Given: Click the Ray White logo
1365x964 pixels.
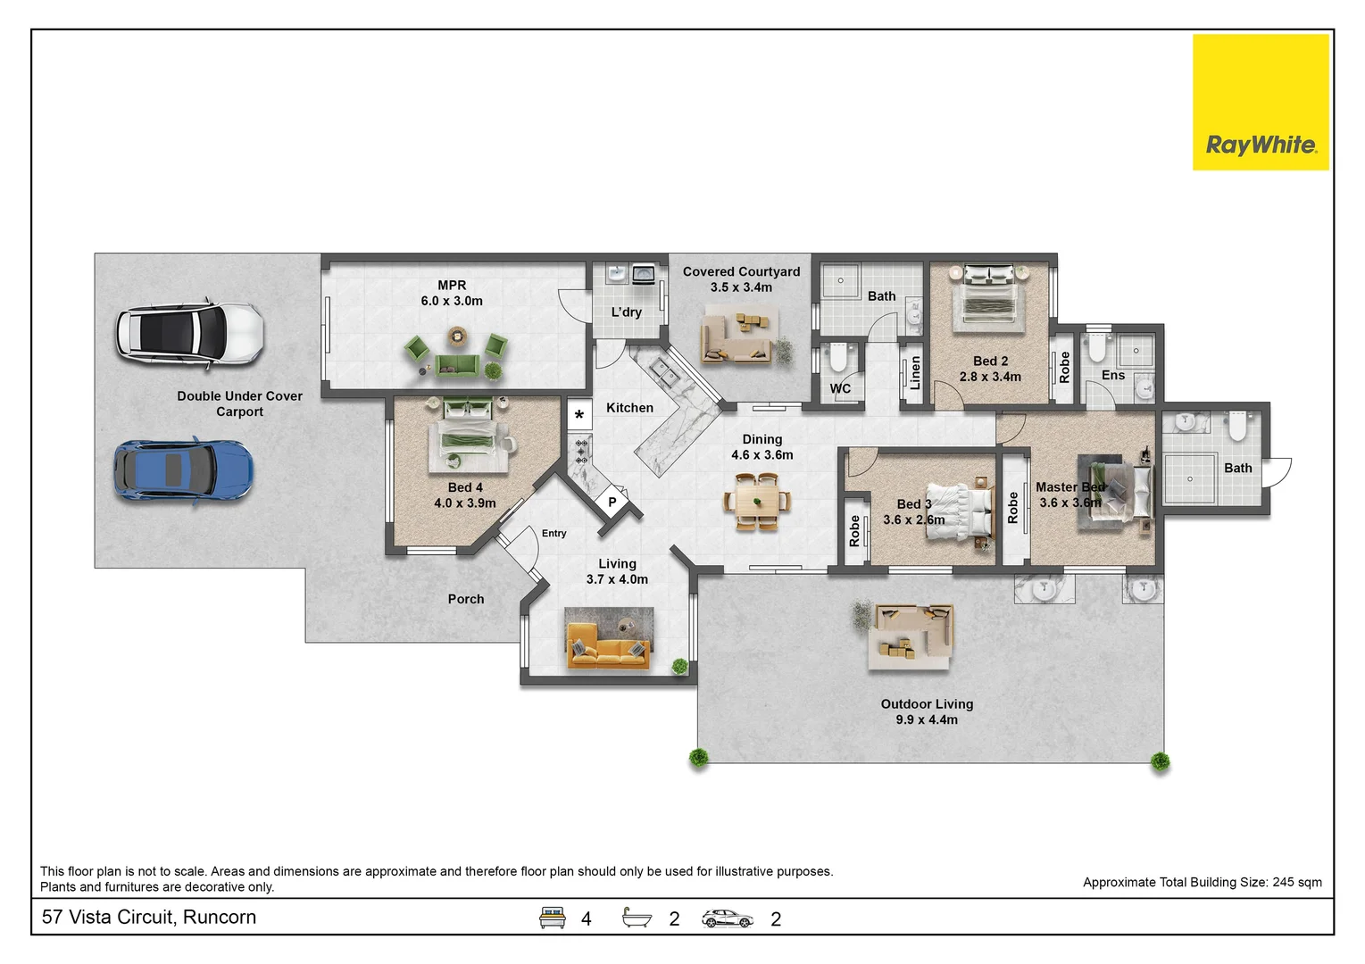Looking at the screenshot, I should click(1260, 102).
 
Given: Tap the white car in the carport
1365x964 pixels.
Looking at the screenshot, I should click(189, 335).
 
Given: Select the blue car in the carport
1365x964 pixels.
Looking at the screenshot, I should click(183, 470).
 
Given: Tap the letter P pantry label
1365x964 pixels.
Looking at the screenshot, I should click(612, 503).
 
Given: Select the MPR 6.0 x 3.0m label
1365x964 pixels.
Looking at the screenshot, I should click(452, 294).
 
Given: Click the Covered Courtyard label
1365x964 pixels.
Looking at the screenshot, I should click(741, 271).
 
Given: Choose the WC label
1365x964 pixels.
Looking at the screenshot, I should click(840, 388).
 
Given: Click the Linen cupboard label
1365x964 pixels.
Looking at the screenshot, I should click(914, 373).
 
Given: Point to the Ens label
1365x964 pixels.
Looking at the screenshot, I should click(1112, 375).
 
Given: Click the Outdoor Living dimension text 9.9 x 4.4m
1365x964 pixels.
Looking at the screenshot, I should click(927, 719).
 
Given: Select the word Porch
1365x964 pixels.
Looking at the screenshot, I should click(466, 599).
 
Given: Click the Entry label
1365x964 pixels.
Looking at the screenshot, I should click(553, 533).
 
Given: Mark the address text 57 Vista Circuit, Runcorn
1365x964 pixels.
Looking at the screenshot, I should click(149, 917).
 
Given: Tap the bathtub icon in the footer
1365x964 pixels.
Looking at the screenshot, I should click(637, 918).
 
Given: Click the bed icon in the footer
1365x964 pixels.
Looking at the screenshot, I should click(553, 918).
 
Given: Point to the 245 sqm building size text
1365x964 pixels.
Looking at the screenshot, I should click(1296, 882).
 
